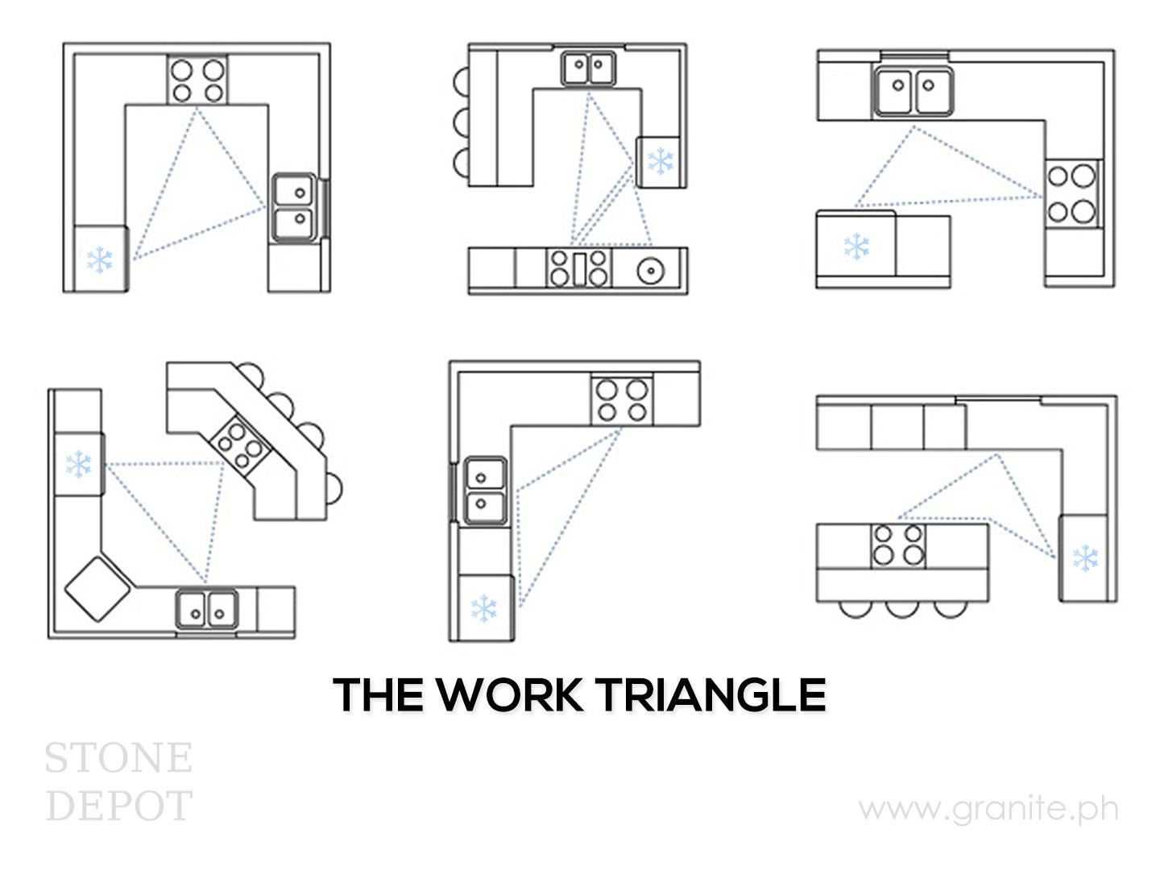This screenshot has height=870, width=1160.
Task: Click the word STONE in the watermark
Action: click(118, 758)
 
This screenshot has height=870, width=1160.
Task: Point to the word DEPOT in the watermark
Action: click(118, 806)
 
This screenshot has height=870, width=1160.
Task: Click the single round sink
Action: click(651, 271)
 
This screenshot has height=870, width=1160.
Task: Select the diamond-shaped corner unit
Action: click(97, 588)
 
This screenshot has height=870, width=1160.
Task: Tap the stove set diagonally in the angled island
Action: click(240, 441)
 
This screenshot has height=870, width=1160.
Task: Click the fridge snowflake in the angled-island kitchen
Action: click(78, 464)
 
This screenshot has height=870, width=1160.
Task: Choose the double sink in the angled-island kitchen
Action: click(207, 609)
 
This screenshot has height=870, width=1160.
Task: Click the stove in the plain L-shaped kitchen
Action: click(622, 401)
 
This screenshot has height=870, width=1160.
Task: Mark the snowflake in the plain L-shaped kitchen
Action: click(483, 608)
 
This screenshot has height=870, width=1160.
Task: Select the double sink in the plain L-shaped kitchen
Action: click(485, 491)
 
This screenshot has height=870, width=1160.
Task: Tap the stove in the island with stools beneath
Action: click(898, 546)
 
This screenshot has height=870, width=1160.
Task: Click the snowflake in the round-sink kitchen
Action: click(661, 160)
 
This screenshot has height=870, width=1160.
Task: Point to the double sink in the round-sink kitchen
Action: click(588, 68)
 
